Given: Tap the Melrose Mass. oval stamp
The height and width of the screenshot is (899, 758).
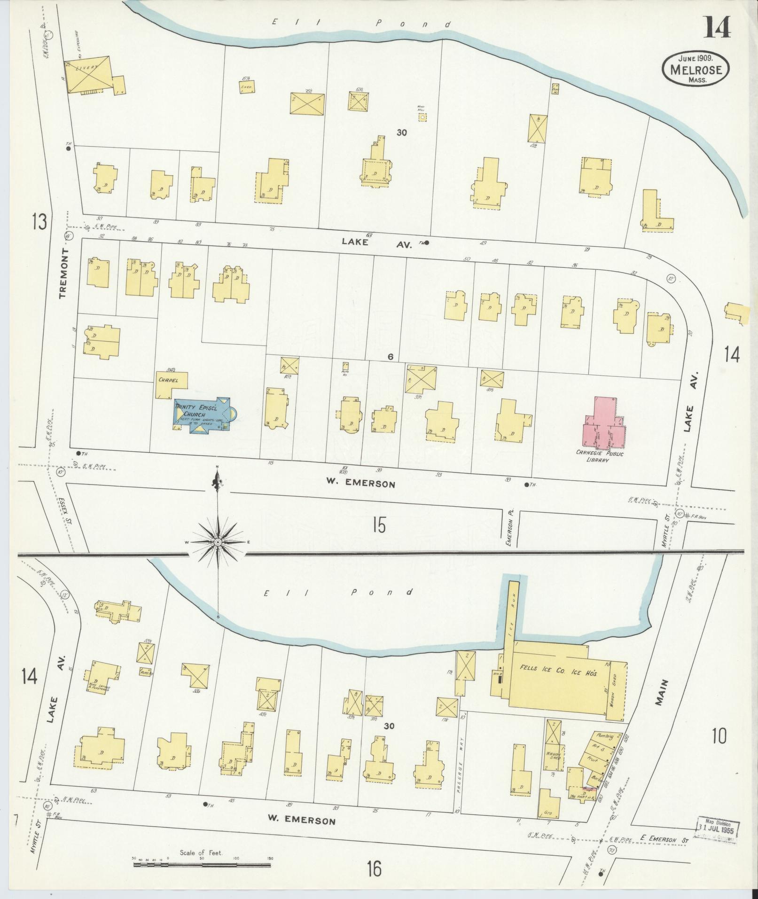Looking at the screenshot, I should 696,69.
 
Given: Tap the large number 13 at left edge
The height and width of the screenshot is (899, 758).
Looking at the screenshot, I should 39,221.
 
